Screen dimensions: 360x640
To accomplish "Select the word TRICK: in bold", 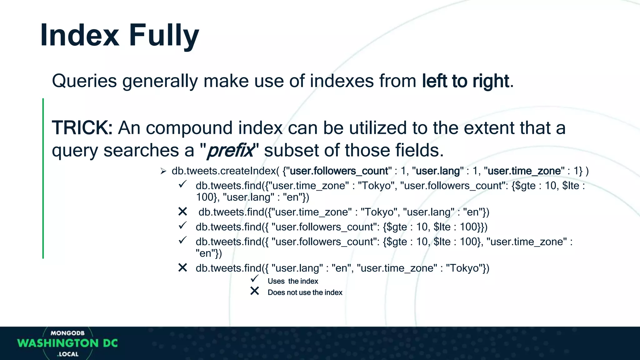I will tap(82, 128).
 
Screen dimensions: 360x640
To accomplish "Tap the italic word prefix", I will tap(231, 150).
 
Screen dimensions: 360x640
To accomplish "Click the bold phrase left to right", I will tap(466, 81).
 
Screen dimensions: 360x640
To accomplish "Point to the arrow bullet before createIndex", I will tap(163, 171).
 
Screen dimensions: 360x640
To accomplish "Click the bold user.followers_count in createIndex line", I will tap(339, 171).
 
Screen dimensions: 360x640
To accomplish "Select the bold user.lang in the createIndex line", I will tap(438, 171).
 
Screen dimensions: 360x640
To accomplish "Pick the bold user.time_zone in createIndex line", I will tap(524, 171).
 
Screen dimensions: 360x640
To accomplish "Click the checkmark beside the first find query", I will tap(182, 184).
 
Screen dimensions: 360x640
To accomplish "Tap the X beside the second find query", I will tap(182, 212).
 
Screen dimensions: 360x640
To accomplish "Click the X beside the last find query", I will tap(182, 267).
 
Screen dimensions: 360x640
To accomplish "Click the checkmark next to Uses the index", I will tap(255, 278).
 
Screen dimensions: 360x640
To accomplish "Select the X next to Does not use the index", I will tap(255, 291).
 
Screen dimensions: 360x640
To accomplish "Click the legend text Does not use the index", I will tap(305, 292).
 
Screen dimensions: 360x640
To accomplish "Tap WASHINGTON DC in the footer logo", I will tap(67, 343).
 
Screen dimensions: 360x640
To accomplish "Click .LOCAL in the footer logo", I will tap(68, 354).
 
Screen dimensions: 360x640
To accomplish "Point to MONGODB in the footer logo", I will tap(67, 333).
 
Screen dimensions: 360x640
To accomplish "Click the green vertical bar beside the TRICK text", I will tap(43, 178).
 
